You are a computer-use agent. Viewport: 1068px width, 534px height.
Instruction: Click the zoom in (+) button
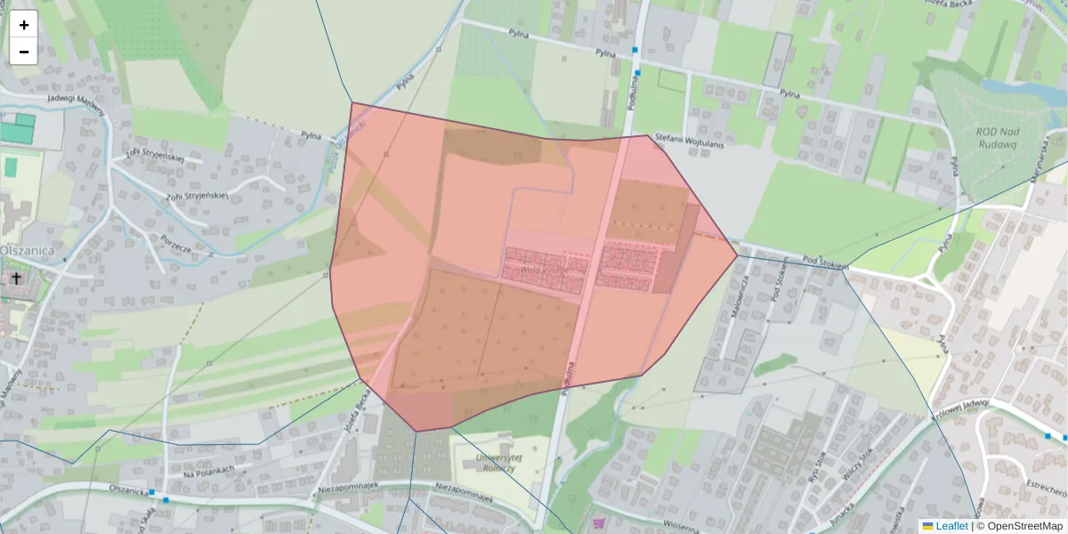24,25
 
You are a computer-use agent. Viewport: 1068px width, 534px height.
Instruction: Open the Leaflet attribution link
951,526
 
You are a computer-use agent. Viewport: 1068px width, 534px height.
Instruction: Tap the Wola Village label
543,270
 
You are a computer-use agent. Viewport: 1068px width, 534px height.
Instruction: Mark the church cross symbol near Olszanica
16,279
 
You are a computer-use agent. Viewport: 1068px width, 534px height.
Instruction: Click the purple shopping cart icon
599,522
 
